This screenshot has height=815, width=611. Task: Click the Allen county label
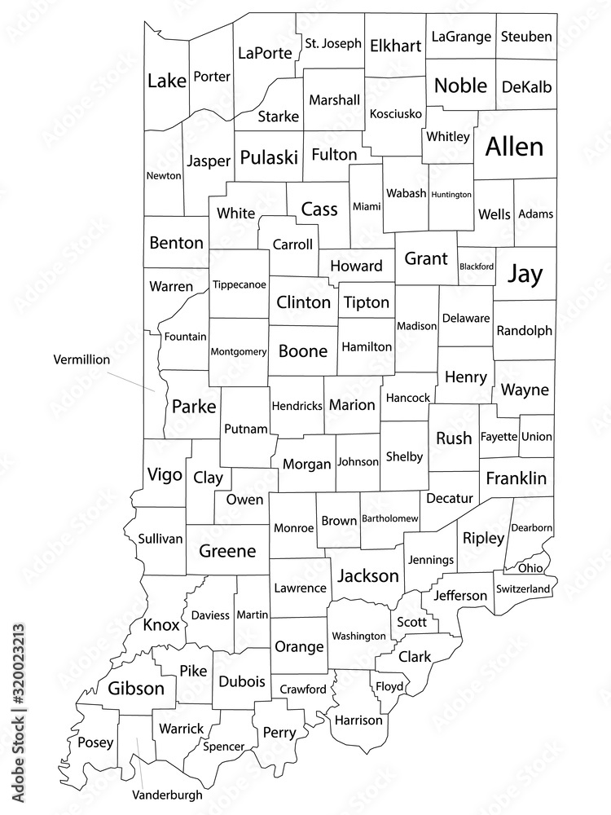(514, 147)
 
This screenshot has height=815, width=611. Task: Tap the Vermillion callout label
(81, 359)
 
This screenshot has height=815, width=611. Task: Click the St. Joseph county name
(333, 43)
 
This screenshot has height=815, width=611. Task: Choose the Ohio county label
(530, 568)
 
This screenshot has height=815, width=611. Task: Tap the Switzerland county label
(525, 588)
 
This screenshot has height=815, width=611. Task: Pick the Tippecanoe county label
(239, 284)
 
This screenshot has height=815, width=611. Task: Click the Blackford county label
(477, 266)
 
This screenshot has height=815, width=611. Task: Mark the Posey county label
(90, 742)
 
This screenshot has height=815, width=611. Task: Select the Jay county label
(525, 275)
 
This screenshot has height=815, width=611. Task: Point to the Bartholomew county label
(390, 518)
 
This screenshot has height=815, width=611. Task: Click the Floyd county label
(389, 687)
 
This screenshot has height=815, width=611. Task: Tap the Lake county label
(167, 80)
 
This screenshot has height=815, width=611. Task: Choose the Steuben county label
(526, 37)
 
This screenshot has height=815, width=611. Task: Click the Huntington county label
(451, 195)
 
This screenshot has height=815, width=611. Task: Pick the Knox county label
(160, 625)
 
